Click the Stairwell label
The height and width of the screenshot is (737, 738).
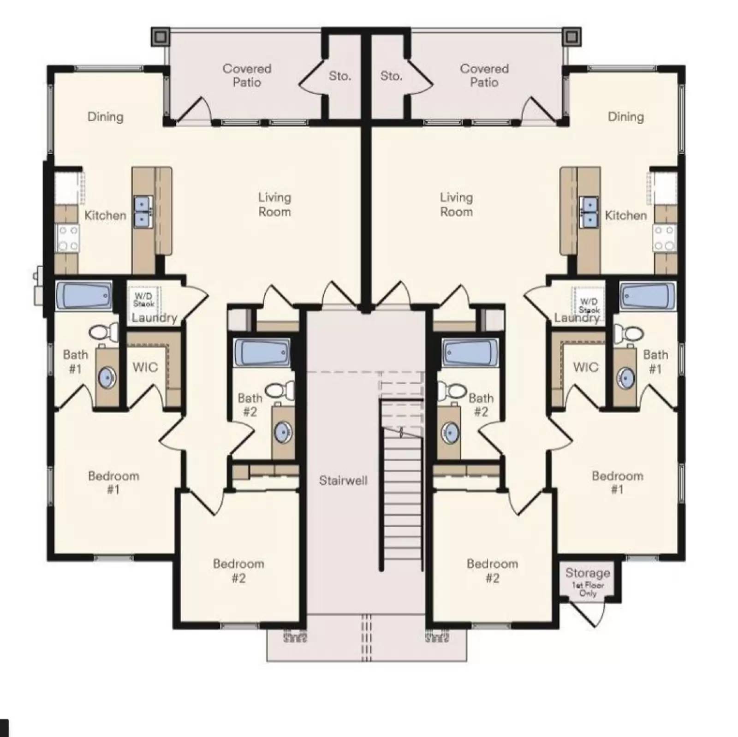tap(343, 481)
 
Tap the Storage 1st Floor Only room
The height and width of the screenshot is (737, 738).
tap(588, 582)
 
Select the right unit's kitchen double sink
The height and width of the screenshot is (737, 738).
tap(589, 212)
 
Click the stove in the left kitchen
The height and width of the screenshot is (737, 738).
tap(67, 238)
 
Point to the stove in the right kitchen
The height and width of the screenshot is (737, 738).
tap(664, 238)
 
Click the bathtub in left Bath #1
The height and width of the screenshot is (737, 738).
tap(84, 295)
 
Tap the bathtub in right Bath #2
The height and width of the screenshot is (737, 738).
tap(470, 353)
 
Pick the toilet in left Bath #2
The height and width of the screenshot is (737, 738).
tap(280, 390)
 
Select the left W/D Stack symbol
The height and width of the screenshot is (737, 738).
tap(143, 299)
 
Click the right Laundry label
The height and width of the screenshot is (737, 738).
tap(577, 318)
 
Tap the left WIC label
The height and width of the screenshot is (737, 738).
tap(145, 367)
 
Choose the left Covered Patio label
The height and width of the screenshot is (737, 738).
tap(247, 75)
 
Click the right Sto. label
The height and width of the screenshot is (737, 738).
tap(391, 76)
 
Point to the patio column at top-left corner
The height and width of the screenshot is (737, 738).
tap(160, 36)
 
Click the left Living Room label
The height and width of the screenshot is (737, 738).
tap(274, 204)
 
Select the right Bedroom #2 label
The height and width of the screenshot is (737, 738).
tap(492, 571)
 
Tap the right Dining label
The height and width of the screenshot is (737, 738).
tap(625, 117)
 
